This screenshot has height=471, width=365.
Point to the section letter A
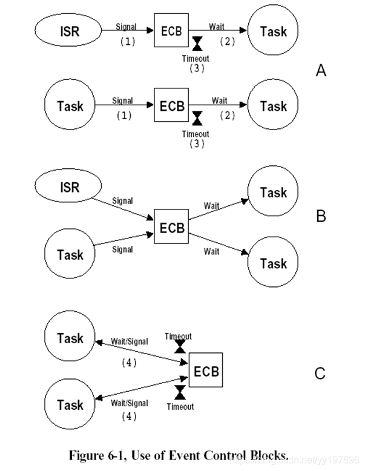pyautogui.click(x=321, y=71)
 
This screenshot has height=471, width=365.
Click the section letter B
pyautogui.click(x=321, y=216)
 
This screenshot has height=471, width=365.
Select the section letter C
pyautogui.click(x=320, y=374)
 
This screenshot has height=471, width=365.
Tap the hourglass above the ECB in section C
pyautogui.click(x=180, y=346)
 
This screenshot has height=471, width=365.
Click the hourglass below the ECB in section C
pyautogui.click(x=180, y=392)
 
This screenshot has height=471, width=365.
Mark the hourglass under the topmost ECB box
pyautogui.click(x=197, y=43)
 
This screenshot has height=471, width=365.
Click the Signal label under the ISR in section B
pyautogui.click(x=122, y=200)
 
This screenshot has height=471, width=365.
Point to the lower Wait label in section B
pyautogui.click(x=211, y=251)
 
